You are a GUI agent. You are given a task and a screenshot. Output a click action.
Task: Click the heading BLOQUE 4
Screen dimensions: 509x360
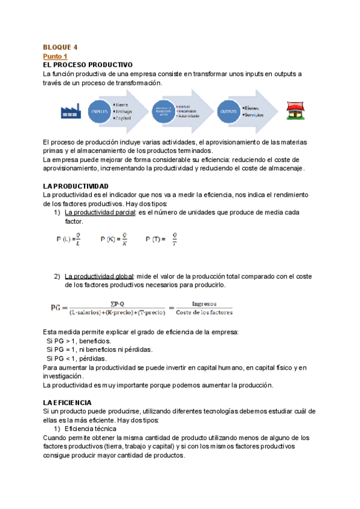pyautogui.click(x=60, y=47)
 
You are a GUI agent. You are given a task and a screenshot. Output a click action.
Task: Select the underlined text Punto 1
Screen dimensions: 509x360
pyautogui.click(x=55, y=56)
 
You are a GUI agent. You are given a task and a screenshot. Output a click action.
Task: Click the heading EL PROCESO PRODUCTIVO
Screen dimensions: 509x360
pyautogui.click(x=88, y=64)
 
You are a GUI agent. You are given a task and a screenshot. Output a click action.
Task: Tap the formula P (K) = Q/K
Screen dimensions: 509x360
pyautogui.click(x=113, y=239)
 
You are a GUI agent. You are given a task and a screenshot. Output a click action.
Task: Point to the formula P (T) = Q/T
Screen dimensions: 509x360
pyautogui.click(x=162, y=239)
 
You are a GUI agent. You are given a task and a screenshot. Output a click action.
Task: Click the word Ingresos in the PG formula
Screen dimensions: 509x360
pyautogui.click(x=204, y=304)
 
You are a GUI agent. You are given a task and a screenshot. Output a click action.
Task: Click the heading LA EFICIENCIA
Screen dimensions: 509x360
pyautogui.click(x=67, y=402)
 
